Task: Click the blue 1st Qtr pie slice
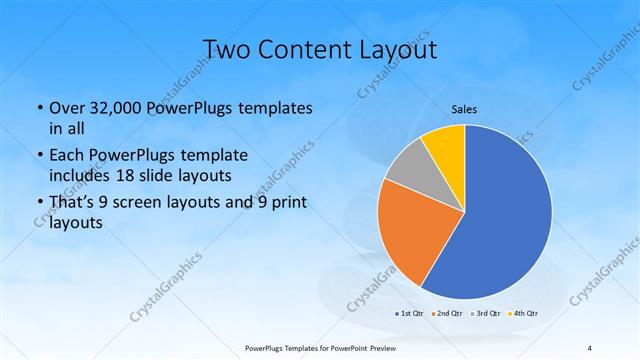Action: click(x=505, y=215)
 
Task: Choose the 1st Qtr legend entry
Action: click(x=408, y=313)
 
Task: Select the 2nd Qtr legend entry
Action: click(x=445, y=313)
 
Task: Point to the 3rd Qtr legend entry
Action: click(x=484, y=313)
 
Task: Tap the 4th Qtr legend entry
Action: click(x=523, y=313)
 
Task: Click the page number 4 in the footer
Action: click(x=590, y=347)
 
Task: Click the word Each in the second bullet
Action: click(x=67, y=155)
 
